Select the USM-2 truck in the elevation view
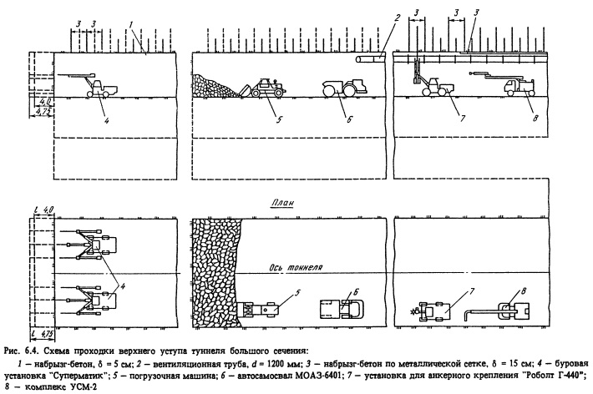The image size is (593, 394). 515,87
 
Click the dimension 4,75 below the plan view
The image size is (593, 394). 46,334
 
